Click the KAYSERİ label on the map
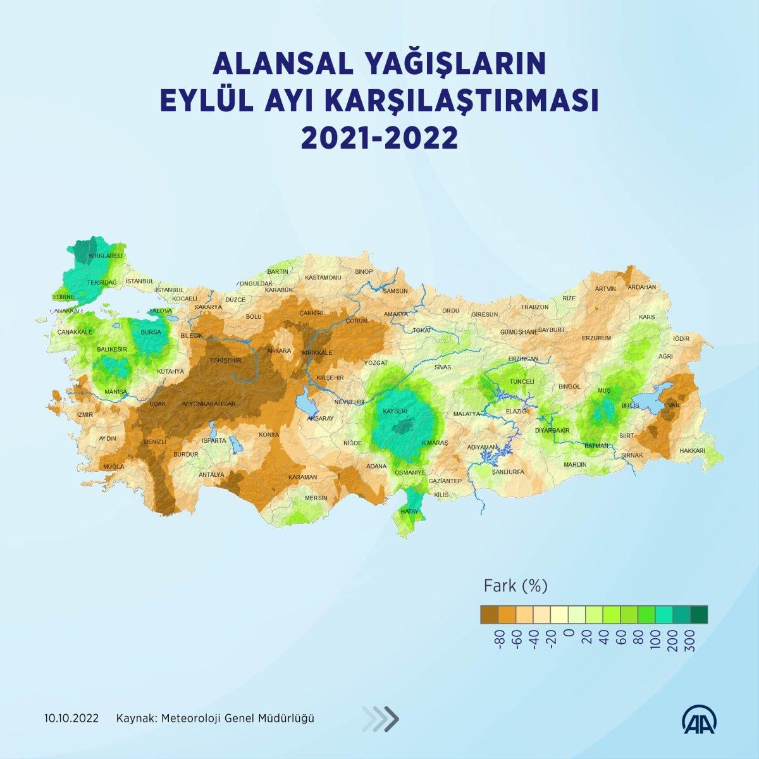395,411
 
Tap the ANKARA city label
278,350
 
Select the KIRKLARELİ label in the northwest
105,256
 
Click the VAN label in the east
674,405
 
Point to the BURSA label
151,332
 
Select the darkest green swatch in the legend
699,614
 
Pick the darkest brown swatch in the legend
489,614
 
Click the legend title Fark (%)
515,586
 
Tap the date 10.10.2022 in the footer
71,719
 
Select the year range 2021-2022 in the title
379,137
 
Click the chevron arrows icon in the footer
381,718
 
